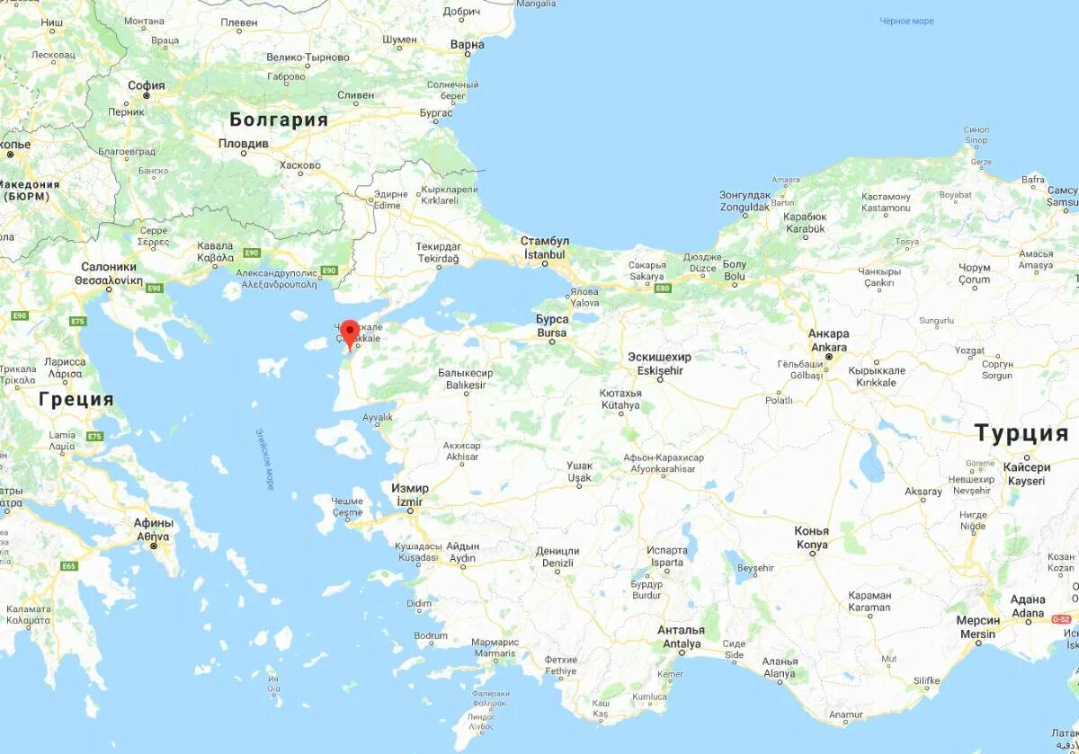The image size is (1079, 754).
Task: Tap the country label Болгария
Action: click(x=279, y=120)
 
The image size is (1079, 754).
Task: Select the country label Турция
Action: click(x=1022, y=434)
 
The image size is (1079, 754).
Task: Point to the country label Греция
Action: click(x=76, y=399)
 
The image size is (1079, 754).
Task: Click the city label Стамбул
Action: click(x=544, y=242)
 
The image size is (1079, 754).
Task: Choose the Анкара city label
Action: click(x=828, y=334)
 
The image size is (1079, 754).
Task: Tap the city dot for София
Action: click(x=147, y=96)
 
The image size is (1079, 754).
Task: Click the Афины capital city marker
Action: click(x=154, y=546)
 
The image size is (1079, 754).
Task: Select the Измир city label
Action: click(x=410, y=488)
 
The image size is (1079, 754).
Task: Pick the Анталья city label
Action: click(x=681, y=631)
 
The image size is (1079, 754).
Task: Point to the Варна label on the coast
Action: click(x=467, y=45)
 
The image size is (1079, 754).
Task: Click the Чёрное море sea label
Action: click(x=906, y=22)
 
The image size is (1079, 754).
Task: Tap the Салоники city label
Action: click(x=109, y=267)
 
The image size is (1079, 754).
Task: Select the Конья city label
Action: click(x=811, y=531)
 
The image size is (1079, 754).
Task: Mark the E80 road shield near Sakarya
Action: click(x=664, y=288)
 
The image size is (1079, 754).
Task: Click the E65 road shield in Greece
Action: click(x=69, y=566)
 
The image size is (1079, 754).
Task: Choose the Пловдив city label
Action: click(x=244, y=144)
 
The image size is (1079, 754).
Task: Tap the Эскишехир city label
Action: click(x=660, y=358)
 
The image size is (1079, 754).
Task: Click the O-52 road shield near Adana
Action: click(x=1062, y=619)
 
